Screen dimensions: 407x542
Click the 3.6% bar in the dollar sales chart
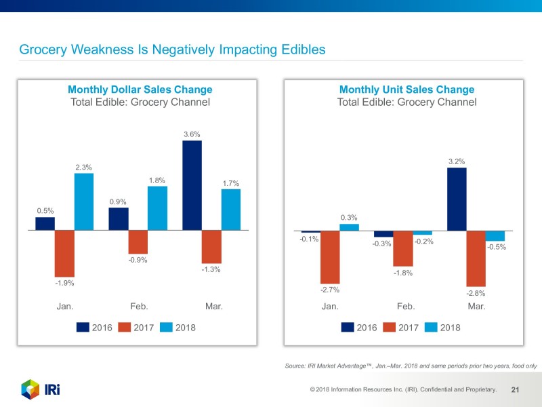(x=192, y=185)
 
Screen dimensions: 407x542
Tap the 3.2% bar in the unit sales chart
(x=457, y=199)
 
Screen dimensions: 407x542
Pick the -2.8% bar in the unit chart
(x=476, y=258)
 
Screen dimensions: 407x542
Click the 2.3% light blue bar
(x=84, y=201)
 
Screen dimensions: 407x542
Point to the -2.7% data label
(x=330, y=290)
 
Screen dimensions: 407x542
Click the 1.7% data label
(x=231, y=184)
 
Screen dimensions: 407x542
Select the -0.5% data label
(x=497, y=248)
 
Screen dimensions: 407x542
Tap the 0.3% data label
(x=349, y=218)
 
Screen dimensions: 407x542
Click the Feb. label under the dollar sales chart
(x=139, y=307)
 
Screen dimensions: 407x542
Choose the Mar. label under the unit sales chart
(x=476, y=307)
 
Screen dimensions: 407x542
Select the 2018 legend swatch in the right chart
(x=430, y=328)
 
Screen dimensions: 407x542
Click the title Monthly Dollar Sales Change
(x=140, y=90)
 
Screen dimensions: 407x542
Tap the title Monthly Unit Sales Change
(x=406, y=90)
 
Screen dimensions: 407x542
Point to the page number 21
(x=515, y=390)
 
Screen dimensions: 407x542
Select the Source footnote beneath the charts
(x=411, y=366)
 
